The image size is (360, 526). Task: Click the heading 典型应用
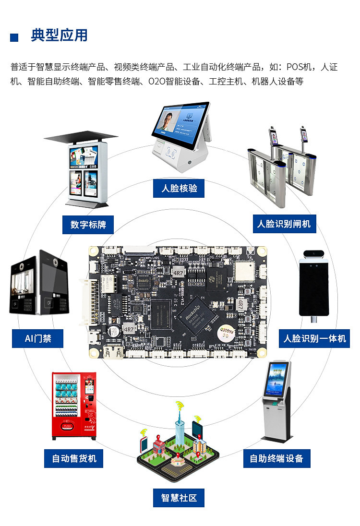pyautogui.click(x=59, y=36)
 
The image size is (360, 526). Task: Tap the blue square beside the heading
pyautogui.click(x=14, y=37)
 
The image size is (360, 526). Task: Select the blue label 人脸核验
pyautogui.click(x=179, y=188)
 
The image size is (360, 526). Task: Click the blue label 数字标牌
pyautogui.click(x=88, y=224)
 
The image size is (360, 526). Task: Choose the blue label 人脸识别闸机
pyautogui.click(x=284, y=224)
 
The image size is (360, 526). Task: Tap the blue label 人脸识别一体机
pyautogui.click(x=314, y=338)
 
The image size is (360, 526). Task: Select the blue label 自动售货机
pyautogui.click(x=74, y=458)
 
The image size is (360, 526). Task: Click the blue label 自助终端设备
pyautogui.click(x=276, y=458)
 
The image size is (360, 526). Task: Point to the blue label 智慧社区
pyautogui.click(x=179, y=498)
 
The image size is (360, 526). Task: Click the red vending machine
pyautogui.click(x=74, y=406)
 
